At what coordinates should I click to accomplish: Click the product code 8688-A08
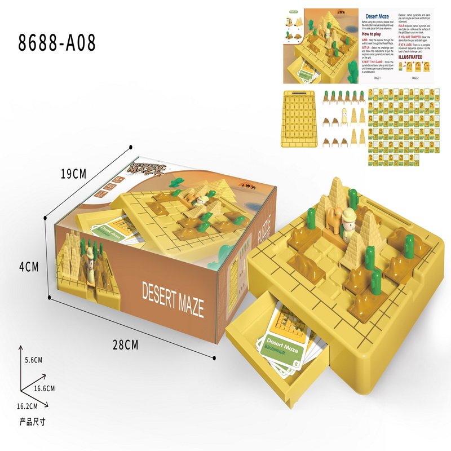57,43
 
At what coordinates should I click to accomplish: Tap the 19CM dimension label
73,174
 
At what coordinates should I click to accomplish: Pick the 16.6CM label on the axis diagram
43,388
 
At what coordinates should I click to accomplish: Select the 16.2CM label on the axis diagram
27,406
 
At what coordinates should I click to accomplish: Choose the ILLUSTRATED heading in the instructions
410,57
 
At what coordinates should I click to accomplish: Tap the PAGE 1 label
377,78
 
